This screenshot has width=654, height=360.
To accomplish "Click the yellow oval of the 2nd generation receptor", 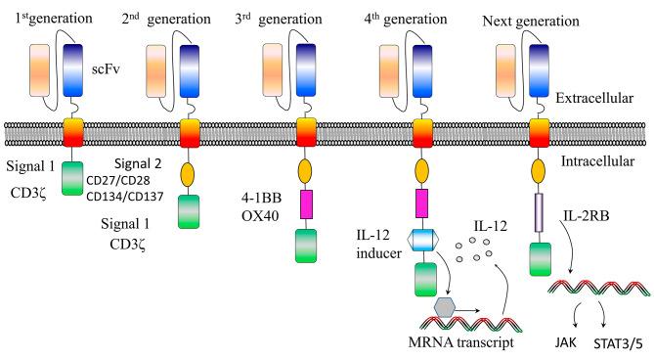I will point(188,175).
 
